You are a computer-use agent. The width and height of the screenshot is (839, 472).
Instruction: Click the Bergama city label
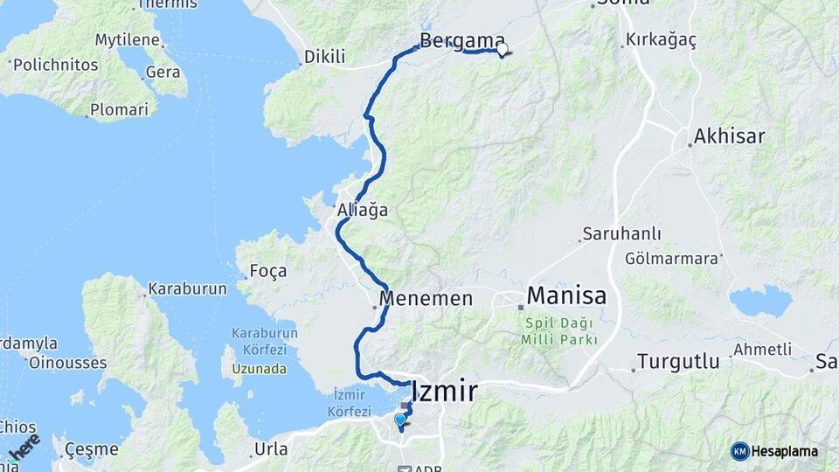point(462,40)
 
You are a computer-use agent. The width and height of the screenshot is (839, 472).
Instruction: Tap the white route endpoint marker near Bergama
point(502,50)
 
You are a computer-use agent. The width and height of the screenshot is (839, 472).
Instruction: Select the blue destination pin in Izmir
point(400,420)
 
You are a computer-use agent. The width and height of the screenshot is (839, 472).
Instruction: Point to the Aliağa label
point(363,211)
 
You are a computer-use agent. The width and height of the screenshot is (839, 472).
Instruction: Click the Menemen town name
point(429,298)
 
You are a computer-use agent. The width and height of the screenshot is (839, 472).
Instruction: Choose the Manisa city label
point(566,295)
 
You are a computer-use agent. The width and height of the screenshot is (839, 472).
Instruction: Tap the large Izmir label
point(444,391)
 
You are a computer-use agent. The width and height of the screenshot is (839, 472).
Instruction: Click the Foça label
point(267,271)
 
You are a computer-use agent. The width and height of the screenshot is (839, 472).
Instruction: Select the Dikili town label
point(324,58)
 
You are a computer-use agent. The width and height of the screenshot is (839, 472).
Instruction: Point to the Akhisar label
point(729,136)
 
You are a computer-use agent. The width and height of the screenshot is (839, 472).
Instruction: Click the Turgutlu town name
point(678,361)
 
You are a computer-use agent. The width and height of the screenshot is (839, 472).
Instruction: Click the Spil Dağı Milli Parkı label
point(560,330)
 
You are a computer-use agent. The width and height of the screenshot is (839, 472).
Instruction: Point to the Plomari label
point(119,110)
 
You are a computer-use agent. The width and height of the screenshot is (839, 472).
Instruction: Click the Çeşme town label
point(92,450)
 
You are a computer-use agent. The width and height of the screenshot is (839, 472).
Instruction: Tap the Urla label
point(269,449)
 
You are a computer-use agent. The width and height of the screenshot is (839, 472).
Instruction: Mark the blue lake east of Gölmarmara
point(759,302)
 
